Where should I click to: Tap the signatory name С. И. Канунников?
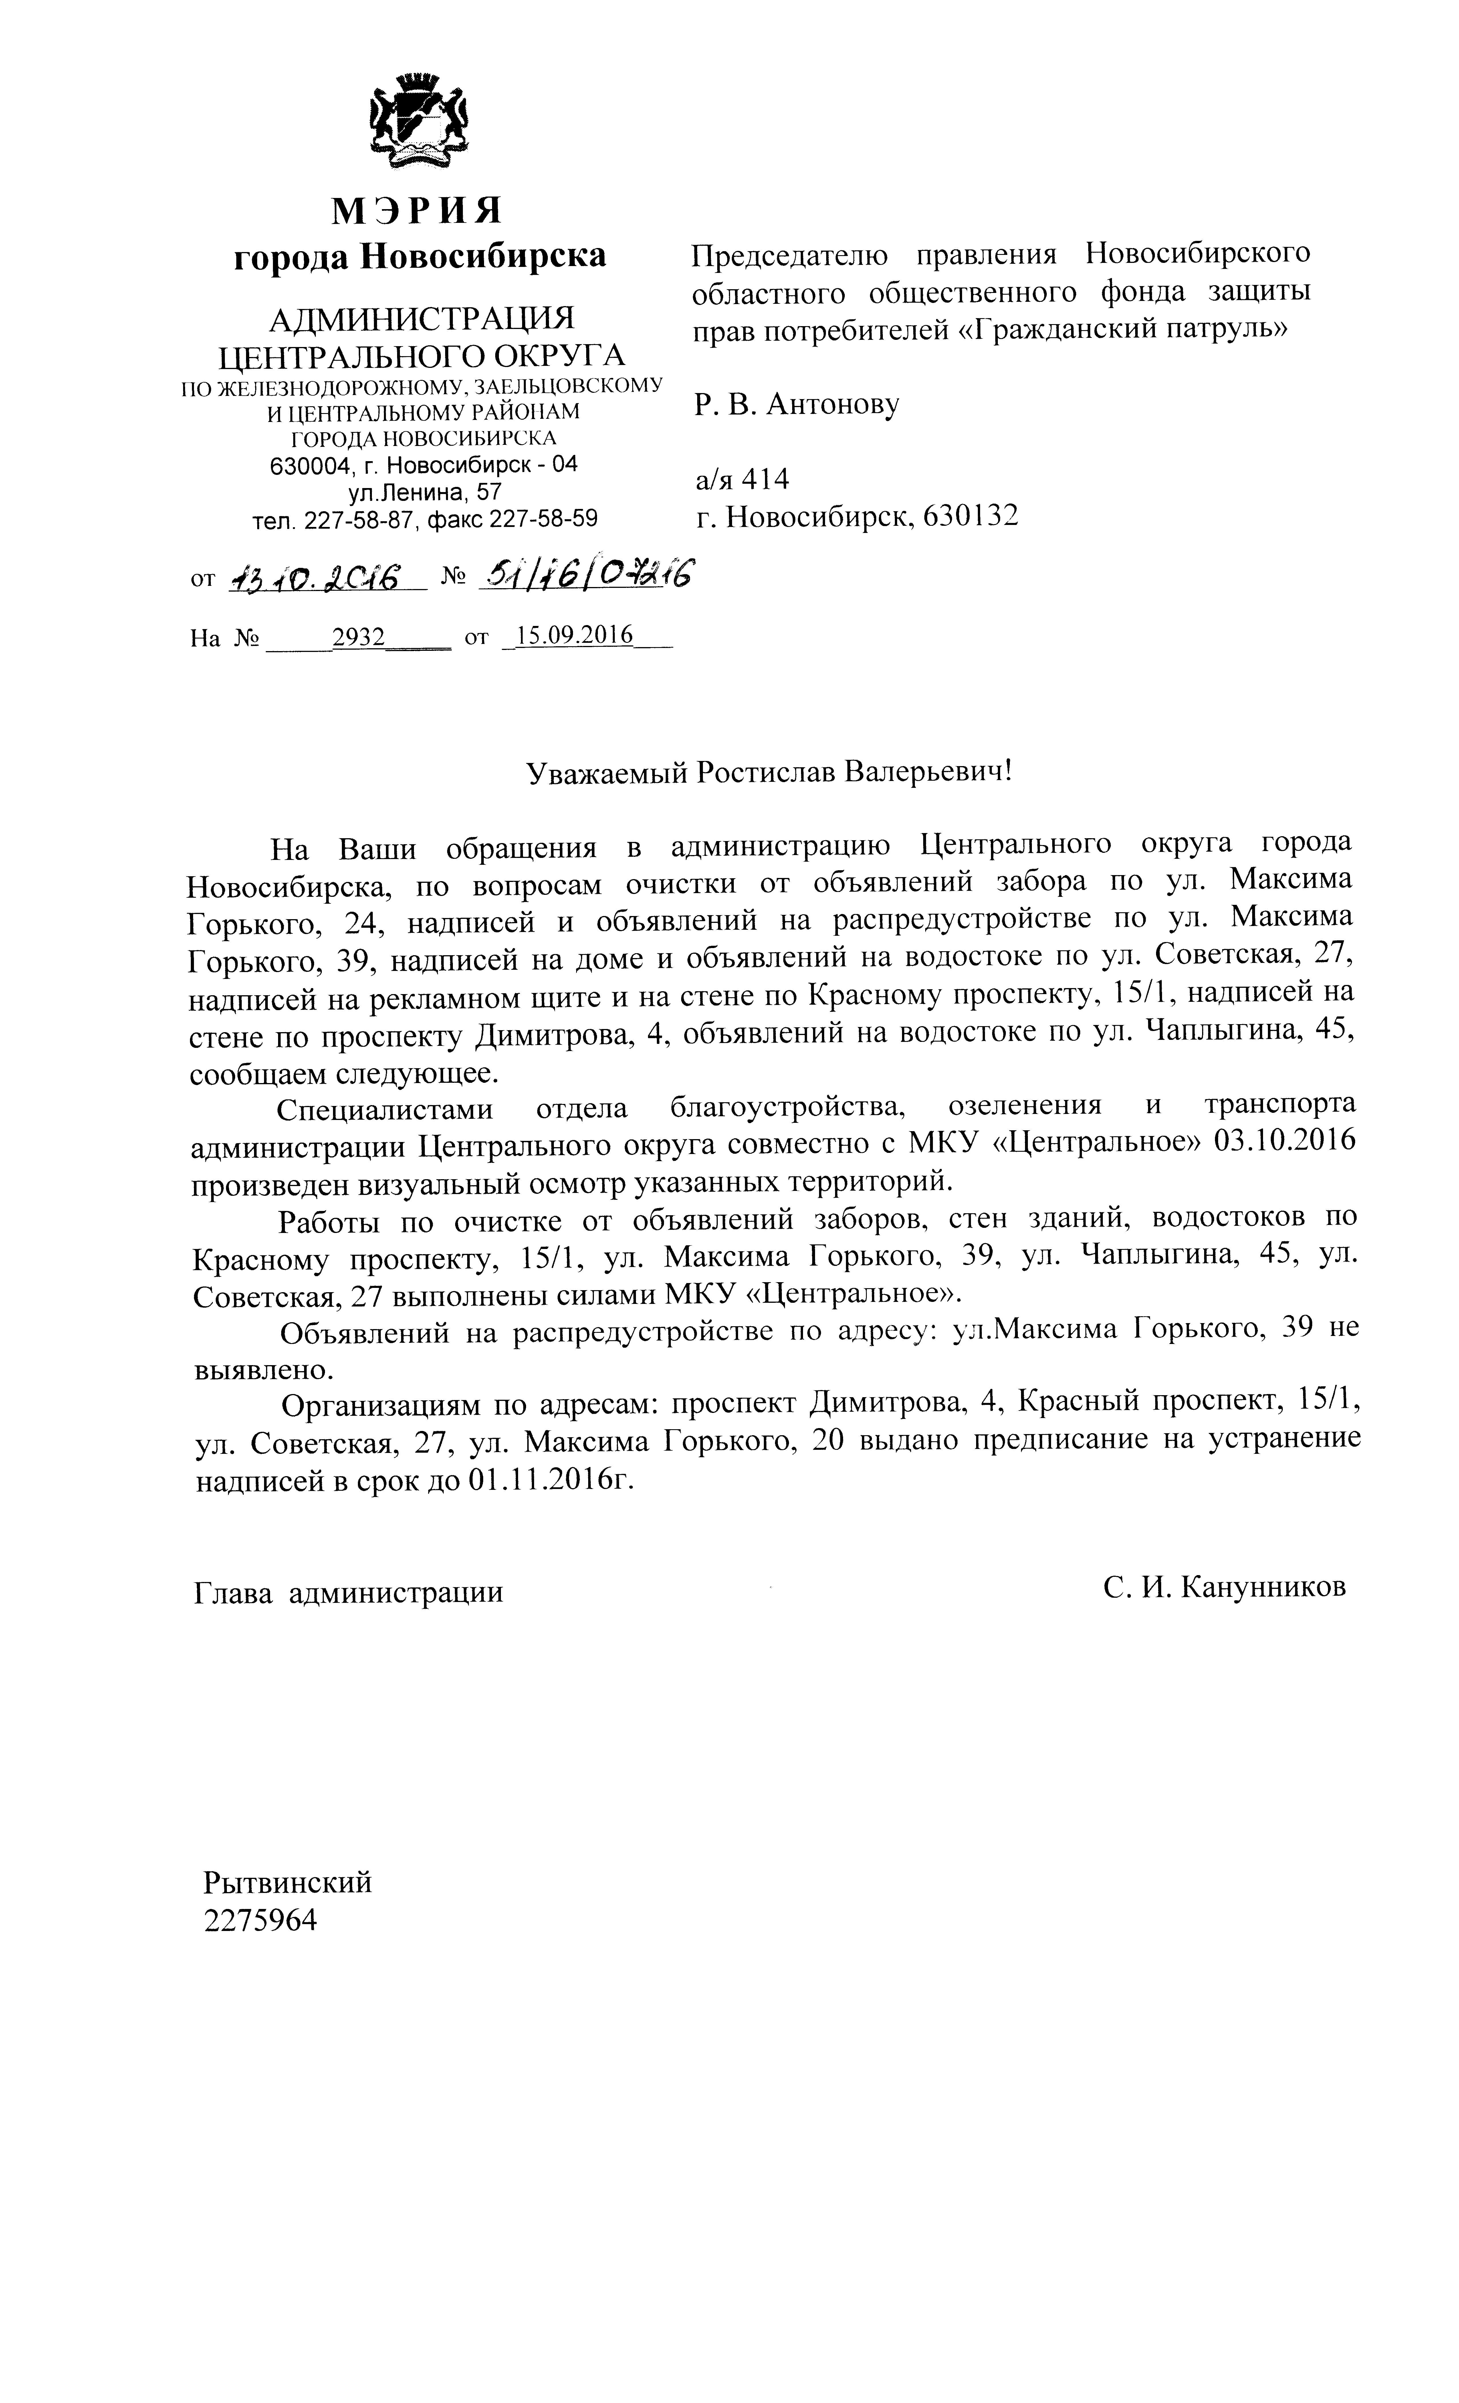point(1224,1587)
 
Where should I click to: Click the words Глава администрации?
point(348,1592)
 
